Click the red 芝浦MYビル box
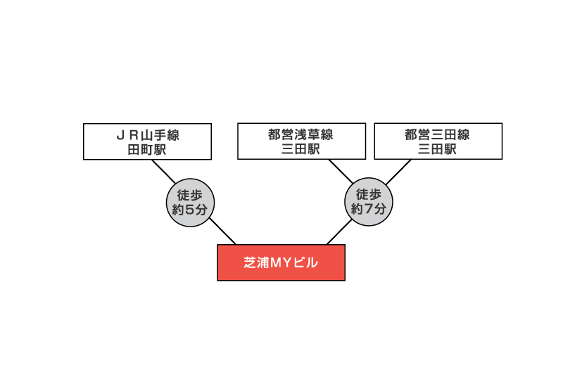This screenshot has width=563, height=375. tap(281, 262)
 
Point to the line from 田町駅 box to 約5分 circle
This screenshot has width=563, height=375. tap(164, 172)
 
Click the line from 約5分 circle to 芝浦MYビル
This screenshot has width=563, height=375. tap(222, 231)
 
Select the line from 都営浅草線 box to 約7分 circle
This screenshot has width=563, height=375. tap(341, 172)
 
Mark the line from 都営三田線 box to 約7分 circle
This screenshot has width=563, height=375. tap(398, 172)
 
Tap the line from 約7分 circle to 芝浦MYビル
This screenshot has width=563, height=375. tap(339, 232)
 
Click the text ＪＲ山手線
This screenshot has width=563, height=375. tap(148, 135)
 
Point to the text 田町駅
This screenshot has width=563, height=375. tap(147, 149)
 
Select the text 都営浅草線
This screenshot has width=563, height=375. tap(301, 134)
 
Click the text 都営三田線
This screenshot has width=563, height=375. tap(437, 134)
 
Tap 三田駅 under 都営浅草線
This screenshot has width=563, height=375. tap(301, 149)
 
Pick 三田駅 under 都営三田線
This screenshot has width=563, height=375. tap(437, 149)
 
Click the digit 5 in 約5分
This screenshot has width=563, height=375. tap(190, 210)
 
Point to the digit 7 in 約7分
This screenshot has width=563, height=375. tap(369, 209)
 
